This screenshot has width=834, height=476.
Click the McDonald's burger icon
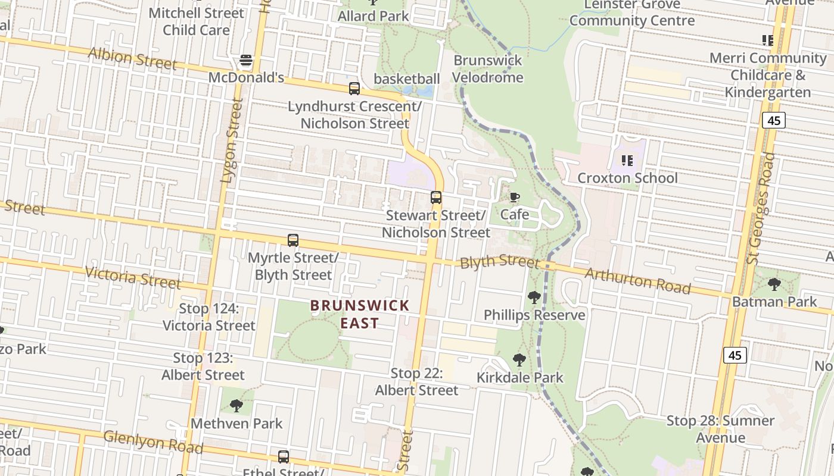click(x=246, y=60)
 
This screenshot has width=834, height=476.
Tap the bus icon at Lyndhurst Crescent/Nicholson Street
click(x=354, y=89)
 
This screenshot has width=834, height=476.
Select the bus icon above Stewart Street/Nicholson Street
click(x=436, y=198)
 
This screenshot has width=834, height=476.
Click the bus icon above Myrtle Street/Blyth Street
click(x=293, y=240)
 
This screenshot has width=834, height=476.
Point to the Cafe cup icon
click(x=515, y=197)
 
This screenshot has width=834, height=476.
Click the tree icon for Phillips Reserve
click(x=534, y=297)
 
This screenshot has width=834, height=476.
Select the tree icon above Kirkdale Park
click(x=519, y=359)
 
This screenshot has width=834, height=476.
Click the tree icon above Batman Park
click(x=774, y=284)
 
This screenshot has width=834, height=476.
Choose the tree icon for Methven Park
click(x=236, y=406)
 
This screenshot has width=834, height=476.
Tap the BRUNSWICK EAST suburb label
click(x=360, y=314)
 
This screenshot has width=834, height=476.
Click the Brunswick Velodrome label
click(x=487, y=69)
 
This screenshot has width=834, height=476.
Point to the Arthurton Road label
click(x=637, y=281)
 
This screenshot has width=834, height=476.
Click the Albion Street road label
click(x=132, y=58)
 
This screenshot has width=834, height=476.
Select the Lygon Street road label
click(x=232, y=140)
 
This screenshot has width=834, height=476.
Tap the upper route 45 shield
click(x=773, y=121)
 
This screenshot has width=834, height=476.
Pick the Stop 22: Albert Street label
click(x=416, y=381)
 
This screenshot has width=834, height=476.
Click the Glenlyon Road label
click(x=153, y=441)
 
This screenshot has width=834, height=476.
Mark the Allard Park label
click(x=374, y=16)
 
